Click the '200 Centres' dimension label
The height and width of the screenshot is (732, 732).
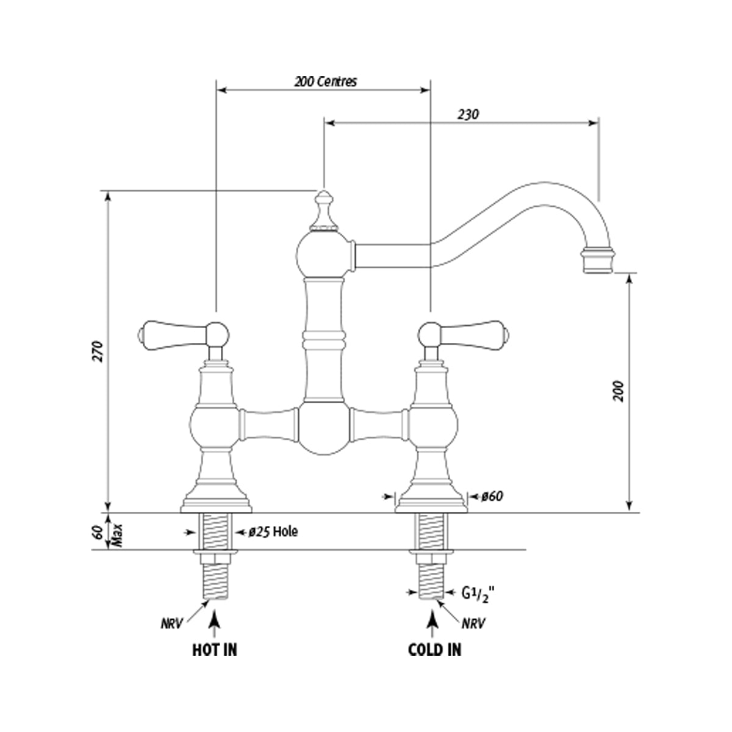pos(325,81)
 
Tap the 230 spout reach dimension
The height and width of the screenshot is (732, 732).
pos(467,114)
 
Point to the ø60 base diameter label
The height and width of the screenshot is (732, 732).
pos(491,497)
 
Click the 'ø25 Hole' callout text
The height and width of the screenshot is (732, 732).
pos(273,532)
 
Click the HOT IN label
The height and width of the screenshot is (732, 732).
pos(214,650)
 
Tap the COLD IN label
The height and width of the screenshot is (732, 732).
pos(434,650)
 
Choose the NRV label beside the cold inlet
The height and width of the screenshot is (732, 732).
pos(473,624)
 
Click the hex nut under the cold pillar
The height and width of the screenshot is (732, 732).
pos(432,558)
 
